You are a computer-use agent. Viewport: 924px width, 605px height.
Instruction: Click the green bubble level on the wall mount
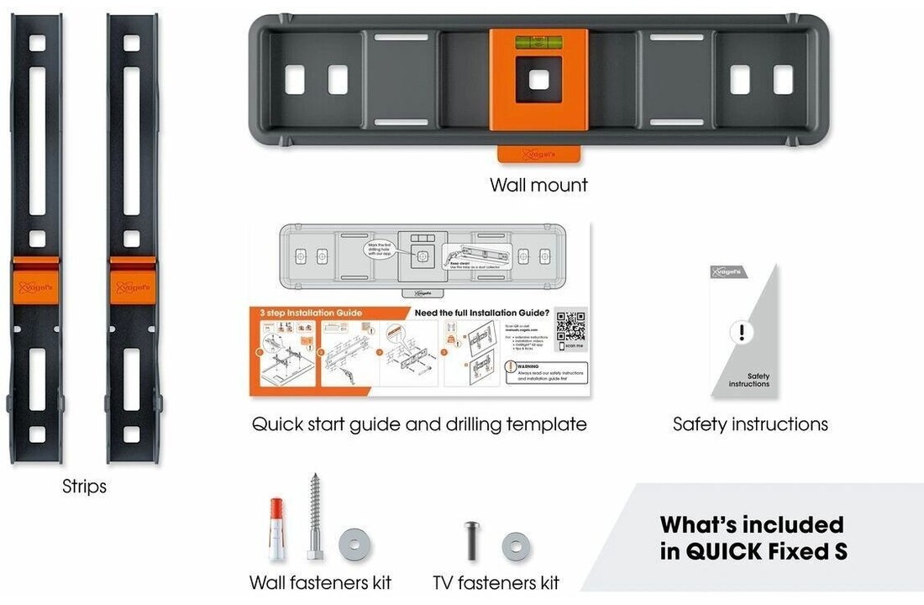[x=538, y=39]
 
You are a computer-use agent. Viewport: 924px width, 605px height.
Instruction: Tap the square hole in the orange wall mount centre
[x=538, y=80]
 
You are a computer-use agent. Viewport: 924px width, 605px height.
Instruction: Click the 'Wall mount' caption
[x=538, y=185]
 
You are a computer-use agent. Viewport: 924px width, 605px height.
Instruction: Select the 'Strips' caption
[x=84, y=487]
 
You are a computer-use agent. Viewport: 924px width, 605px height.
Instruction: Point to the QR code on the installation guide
[x=570, y=325]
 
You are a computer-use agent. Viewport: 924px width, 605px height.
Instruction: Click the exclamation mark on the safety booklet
[x=742, y=332]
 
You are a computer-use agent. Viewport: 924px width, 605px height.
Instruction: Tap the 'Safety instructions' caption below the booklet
[x=750, y=424]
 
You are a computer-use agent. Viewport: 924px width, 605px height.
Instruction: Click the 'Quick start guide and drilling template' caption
[x=419, y=424]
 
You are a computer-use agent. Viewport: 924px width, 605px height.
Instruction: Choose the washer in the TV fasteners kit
[x=516, y=547]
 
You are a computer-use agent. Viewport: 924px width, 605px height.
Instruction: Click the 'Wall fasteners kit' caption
[x=320, y=582]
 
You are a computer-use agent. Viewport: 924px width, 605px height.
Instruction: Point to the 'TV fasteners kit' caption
[x=496, y=582]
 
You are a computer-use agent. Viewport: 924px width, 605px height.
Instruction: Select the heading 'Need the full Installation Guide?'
[x=483, y=313]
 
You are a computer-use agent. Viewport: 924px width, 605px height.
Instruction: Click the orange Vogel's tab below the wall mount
[x=538, y=155]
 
